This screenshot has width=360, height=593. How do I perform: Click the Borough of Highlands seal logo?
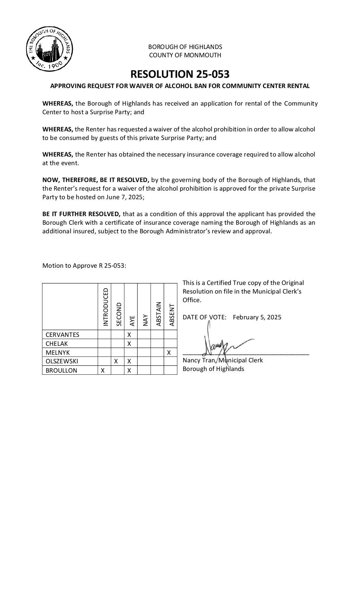coord(49,50)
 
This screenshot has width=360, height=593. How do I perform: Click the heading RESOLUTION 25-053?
coord(180,74)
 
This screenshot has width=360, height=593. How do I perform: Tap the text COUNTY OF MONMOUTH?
coord(185,55)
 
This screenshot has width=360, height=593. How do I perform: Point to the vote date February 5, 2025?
coord(257,317)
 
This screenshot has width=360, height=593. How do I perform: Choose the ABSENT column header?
coord(171,315)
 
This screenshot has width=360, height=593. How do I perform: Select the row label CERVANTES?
coord(63,335)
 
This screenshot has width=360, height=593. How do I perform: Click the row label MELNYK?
coord(58,352)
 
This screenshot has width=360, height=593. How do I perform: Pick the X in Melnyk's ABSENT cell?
coord(169,353)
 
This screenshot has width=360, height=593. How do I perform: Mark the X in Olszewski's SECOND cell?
coord(116,361)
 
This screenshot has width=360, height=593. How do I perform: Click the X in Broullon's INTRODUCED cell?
coord(103,371)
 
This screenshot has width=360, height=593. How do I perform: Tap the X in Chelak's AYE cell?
coord(129,343)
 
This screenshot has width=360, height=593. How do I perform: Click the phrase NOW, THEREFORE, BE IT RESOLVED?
coord(96,180)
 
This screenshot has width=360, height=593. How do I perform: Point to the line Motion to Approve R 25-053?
coord(84,266)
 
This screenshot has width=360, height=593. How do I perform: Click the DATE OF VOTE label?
coord(204,317)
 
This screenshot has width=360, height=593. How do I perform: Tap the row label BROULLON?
coord(61,371)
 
